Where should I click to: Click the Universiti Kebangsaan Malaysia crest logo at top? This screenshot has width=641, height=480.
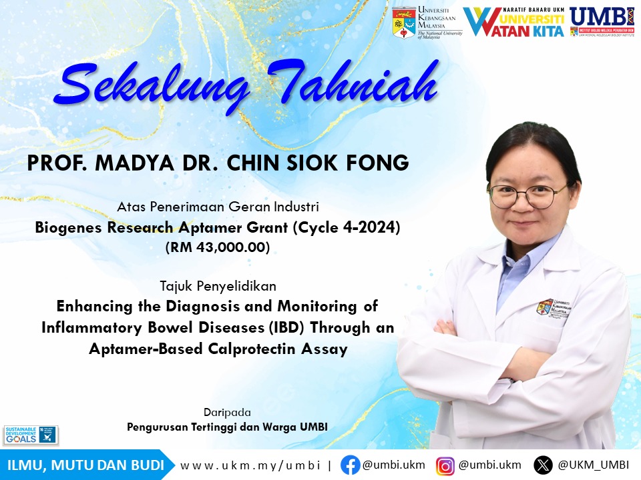[x=404, y=22]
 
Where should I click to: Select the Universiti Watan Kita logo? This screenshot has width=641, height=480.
[x=514, y=22]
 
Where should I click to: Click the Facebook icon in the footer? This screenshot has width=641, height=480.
[x=350, y=465]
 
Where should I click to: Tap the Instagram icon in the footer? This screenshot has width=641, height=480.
[x=445, y=465]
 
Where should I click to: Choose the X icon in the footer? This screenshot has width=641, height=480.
[x=543, y=465]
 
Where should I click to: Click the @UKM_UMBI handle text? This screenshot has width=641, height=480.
[x=593, y=465]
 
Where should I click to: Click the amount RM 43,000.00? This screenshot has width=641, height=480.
[x=218, y=247]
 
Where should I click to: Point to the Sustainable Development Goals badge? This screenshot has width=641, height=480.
[x=31, y=435]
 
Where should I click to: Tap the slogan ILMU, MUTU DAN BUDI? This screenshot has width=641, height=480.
[x=85, y=465]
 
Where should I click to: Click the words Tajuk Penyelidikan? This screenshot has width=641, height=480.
[x=218, y=286]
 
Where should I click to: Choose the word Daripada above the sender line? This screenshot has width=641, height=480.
[x=227, y=412]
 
